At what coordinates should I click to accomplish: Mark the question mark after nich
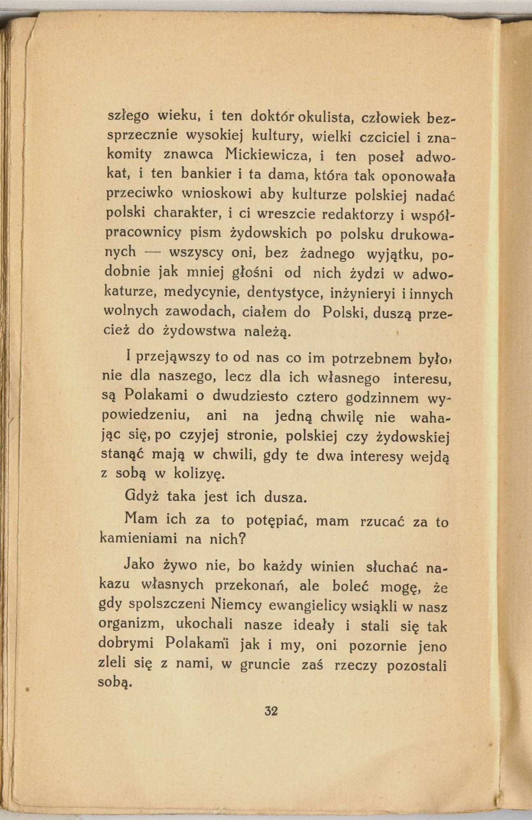(242, 538)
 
